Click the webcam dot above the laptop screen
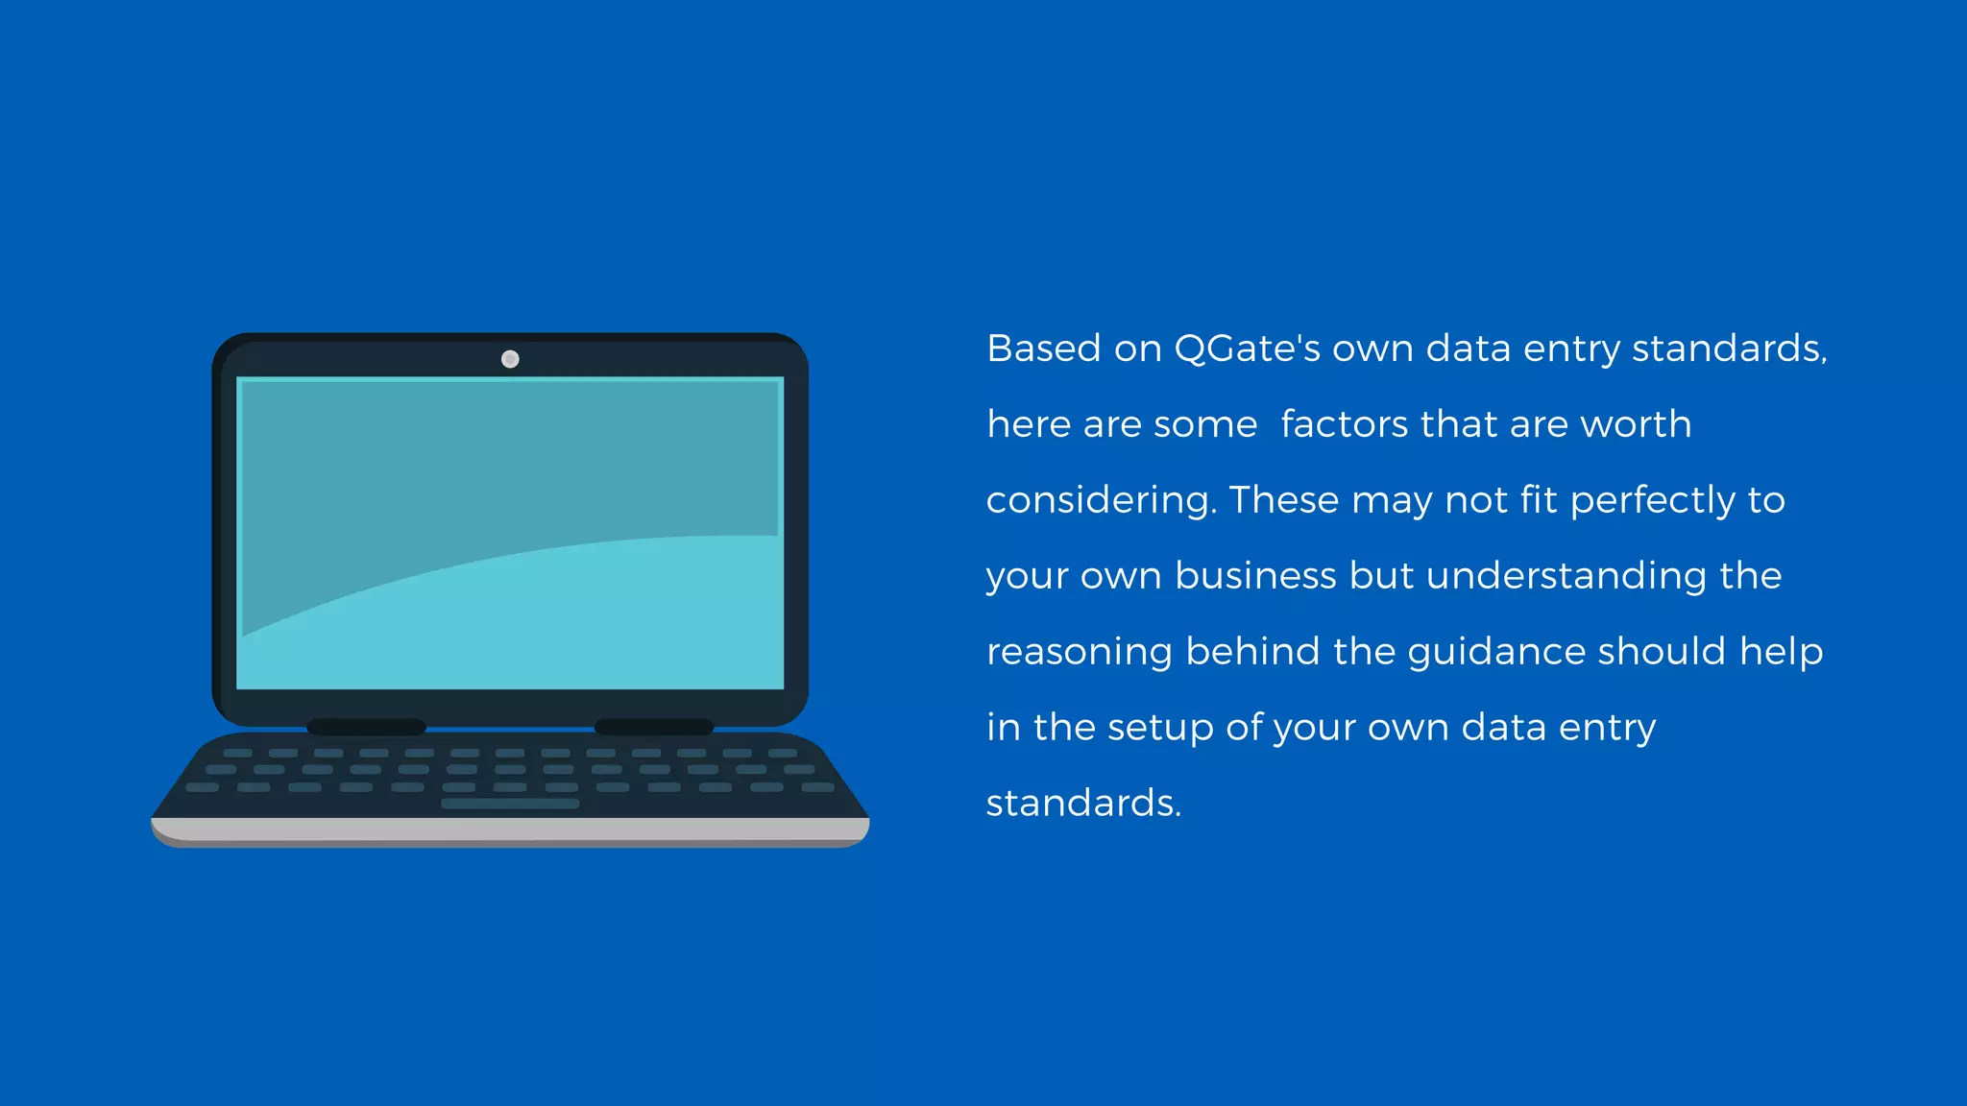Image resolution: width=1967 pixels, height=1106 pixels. point(510,359)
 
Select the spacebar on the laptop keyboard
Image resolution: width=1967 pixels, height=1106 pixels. point(510,804)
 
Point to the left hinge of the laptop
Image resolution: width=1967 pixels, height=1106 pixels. point(366,727)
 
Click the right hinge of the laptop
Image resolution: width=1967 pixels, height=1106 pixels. point(654,727)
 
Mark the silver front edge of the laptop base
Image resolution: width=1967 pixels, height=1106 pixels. point(510,829)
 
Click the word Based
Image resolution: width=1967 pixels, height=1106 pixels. point(1043,349)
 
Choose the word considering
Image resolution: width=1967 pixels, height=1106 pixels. point(1101,501)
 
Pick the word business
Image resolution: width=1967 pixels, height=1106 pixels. point(1255,576)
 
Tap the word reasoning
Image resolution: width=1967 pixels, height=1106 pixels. point(1080,653)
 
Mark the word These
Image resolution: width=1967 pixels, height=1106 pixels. point(1283,500)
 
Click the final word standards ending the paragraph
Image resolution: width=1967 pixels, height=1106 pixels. point(1081,804)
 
